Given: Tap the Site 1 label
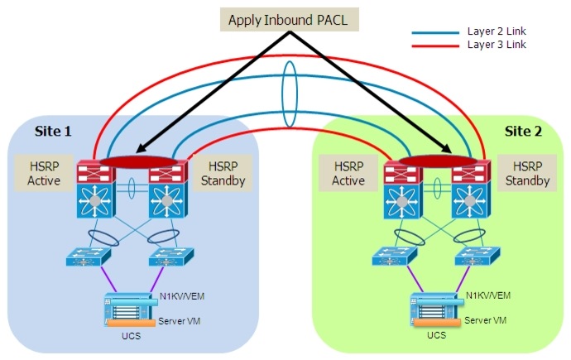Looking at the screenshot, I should (54, 131).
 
